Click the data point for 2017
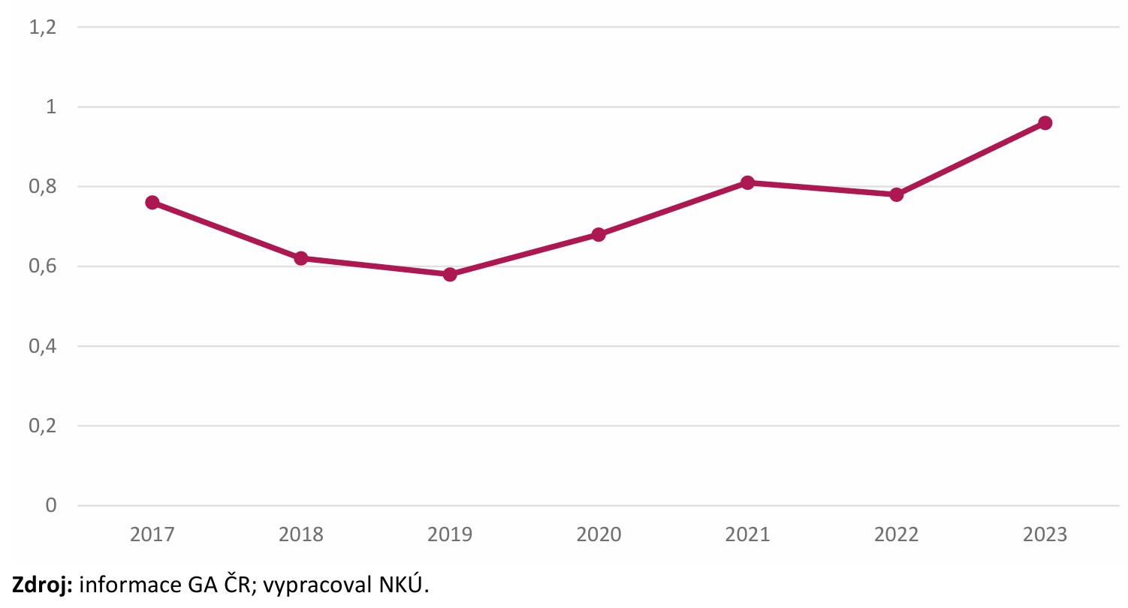click(x=152, y=203)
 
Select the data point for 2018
click(x=301, y=258)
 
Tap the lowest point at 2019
click(x=450, y=274)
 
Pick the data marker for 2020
click(x=599, y=234)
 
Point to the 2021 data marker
click(x=747, y=182)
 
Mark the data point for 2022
click(x=896, y=194)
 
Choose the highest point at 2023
click(x=1045, y=123)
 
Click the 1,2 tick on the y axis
click(x=42, y=28)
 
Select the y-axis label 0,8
click(x=42, y=187)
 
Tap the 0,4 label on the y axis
click(x=42, y=347)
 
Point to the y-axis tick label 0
click(x=51, y=506)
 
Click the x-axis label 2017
click(x=152, y=535)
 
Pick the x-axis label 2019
click(x=450, y=535)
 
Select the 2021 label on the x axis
click(x=747, y=535)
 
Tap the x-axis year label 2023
click(x=1045, y=535)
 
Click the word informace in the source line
click(x=125, y=585)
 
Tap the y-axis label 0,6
click(x=42, y=267)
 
